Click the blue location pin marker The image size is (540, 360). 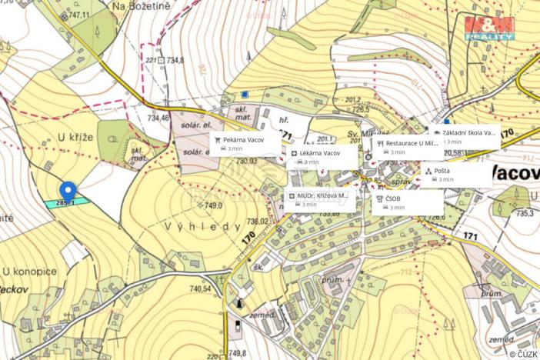pos(68,190)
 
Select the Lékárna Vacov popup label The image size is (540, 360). pos(322,157)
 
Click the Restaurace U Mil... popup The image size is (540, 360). pos(408,148)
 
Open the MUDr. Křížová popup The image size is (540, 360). pos(321,200)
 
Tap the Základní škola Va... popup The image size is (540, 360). pos(466,136)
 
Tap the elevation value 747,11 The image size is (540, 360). pos(78,15)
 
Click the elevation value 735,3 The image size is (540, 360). pos(525,214)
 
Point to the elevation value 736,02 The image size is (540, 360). pos(256,222)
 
